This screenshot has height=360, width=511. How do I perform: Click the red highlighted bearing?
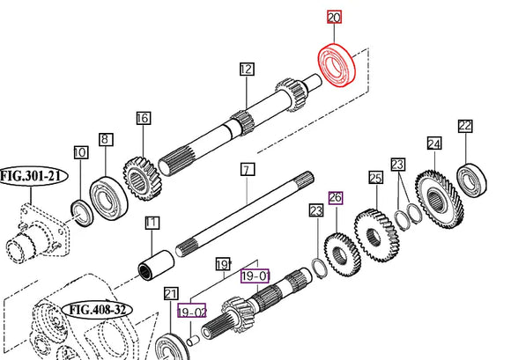[x=336, y=65]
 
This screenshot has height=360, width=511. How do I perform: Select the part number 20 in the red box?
[x=334, y=18]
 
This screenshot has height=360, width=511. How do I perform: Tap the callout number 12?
[x=246, y=69]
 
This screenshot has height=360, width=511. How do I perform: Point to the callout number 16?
[x=143, y=118]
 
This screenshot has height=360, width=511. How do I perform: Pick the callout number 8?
[x=105, y=138]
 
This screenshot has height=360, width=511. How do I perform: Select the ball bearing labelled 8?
[x=104, y=196]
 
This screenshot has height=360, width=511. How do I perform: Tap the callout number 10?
[x=79, y=153]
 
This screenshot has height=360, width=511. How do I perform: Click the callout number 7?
[x=247, y=168]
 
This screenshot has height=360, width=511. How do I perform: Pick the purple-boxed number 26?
[x=334, y=197]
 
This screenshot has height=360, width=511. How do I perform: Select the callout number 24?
[x=433, y=143]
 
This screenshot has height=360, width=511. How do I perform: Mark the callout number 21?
[x=171, y=294]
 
